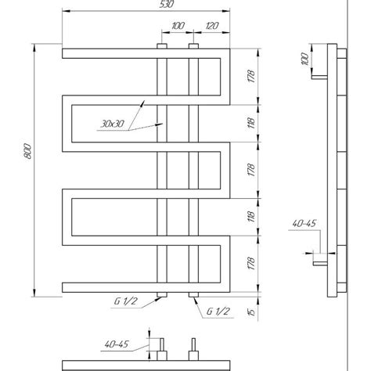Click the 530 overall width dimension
pyautogui.click(x=166, y=4)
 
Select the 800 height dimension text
pyautogui.click(x=27, y=151)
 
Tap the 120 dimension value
pyautogui.click(x=212, y=26)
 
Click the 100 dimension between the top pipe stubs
pyautogui.click(x=178, y=26)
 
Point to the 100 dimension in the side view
pyautogui.click(x=304, y=59)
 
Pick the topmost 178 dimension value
pyautogui.click(x=251, y=76)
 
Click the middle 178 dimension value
pyautogui.click(x=251, y=170)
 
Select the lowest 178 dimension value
pyautogui.click(x=251, y=264)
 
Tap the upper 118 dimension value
pyautogui.click(x=251, y=123)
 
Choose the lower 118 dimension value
pyautogui.click(x=251, y=217)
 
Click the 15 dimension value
pyautogui.click(x=251, y=312)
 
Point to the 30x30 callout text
pyautogui.click(x=113, y=124)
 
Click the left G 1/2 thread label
pyautogui.click(x=125, y=301)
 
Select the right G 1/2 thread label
pyautogui.click(x=218, y=312)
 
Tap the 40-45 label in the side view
pyautogui.click(x=304, y=223)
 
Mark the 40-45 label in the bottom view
pyautogui.click(x=117, y=344)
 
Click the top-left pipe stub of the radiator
pyautogui.click(x=162, y=46)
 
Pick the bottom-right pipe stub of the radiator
pyautogui.click(x=193, y=294)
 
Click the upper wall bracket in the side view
pyautogui.click(x=319, y=77)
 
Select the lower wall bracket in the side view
pyautogui.click(x=320, y=264)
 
